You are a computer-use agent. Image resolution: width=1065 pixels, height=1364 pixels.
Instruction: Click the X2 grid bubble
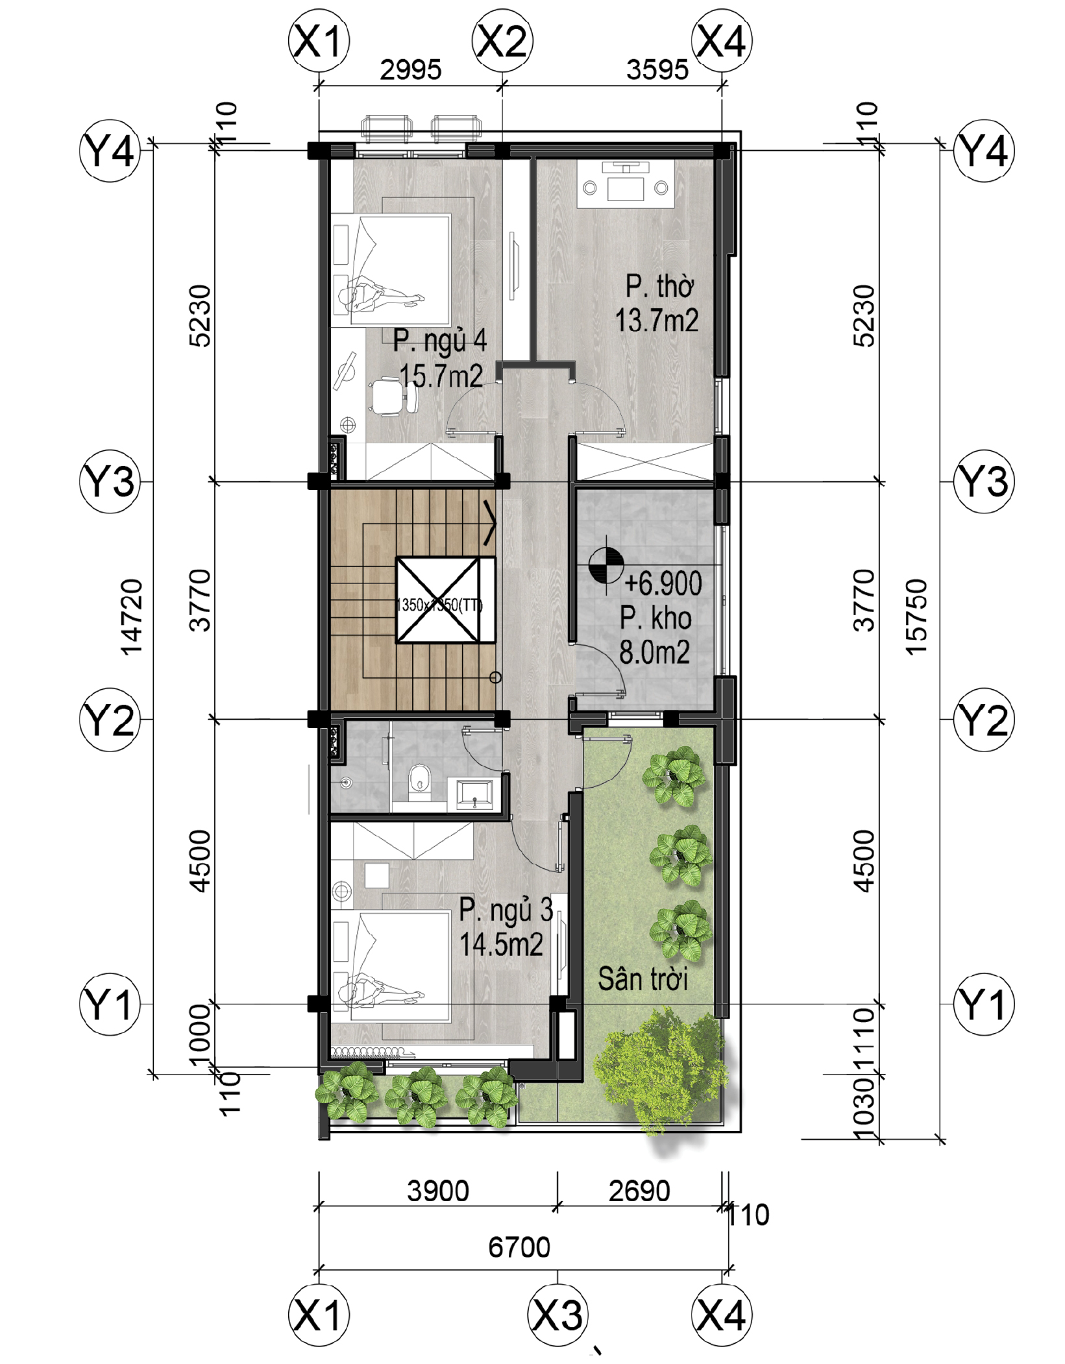pyautogui.click(x=502, y=42)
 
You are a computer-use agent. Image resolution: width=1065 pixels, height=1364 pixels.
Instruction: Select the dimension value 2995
pyautogui.click(x=410, y=70)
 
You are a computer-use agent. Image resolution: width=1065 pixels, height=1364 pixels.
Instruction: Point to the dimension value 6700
pyautogui.click(x=519, y=1247)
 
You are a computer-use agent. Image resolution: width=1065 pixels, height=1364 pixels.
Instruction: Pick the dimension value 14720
pyautogui.click(x=132, y=617)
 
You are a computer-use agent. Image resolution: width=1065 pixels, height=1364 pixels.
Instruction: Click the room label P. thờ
pyautogui.click(x=660, y=286)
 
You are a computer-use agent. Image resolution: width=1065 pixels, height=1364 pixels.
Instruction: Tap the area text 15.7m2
pyautogui.click(x=441, y=376)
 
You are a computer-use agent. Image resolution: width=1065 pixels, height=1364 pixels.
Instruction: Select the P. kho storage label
pyautogui.click(x=655, y=618)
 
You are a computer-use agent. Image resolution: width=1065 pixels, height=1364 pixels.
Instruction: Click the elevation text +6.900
pyautogui.click(x=663, y=583)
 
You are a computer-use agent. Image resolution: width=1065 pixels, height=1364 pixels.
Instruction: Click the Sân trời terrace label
pyautogui.click(x=643, y=979)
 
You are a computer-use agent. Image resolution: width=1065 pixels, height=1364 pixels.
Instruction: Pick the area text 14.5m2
pyautogui.click(x=502, y=944)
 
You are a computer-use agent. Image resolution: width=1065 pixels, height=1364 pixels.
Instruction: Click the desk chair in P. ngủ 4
pyautogui.click(x=393, y=398)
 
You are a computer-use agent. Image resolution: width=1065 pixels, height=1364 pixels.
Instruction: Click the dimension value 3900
pyautogui.click(x=438, y=1191)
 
